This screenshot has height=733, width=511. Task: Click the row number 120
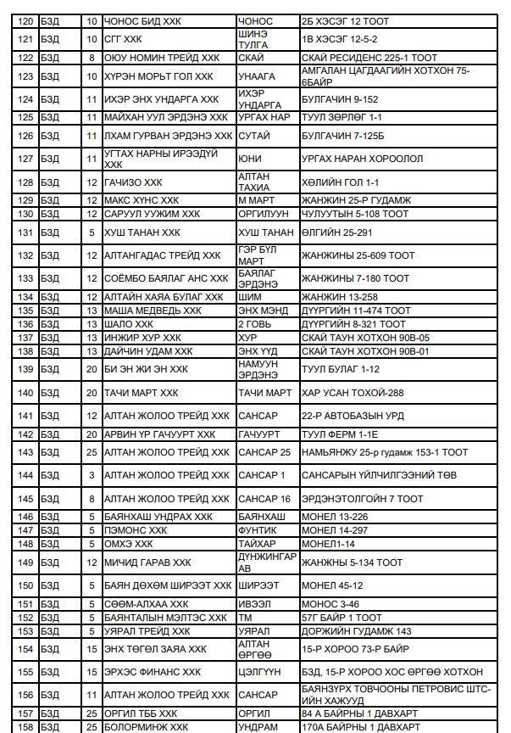tap(25, 20)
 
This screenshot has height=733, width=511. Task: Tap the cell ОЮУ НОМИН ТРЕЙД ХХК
tap(161, 58)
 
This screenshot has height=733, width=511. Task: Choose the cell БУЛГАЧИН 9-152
tap(340, 99)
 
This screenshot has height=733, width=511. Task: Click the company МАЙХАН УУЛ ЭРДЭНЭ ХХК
tap(166, 117)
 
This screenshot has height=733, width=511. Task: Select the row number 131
tap(25, 232)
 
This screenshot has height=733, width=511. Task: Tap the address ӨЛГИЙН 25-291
tap(337, 232)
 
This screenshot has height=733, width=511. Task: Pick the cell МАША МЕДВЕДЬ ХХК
tap(153, 311)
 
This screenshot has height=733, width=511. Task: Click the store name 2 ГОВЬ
tap(254, 324)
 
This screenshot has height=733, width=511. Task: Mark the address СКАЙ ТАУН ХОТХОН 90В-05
tap(365, 338)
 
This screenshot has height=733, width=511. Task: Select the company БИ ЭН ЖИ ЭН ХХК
tap(146, 369)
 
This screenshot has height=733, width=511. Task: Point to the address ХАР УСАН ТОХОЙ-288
tap(353, 393)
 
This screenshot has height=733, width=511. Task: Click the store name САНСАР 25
tap(264, 452)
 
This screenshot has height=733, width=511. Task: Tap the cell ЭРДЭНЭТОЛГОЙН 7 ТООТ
tap(362, 499)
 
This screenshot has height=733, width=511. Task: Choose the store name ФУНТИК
tap(258, 530)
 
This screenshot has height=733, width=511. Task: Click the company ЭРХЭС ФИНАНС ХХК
tap(153, 672)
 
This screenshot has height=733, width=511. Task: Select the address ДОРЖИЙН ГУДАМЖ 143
tap(357, 631)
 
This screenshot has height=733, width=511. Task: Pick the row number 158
tap(25, 727)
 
